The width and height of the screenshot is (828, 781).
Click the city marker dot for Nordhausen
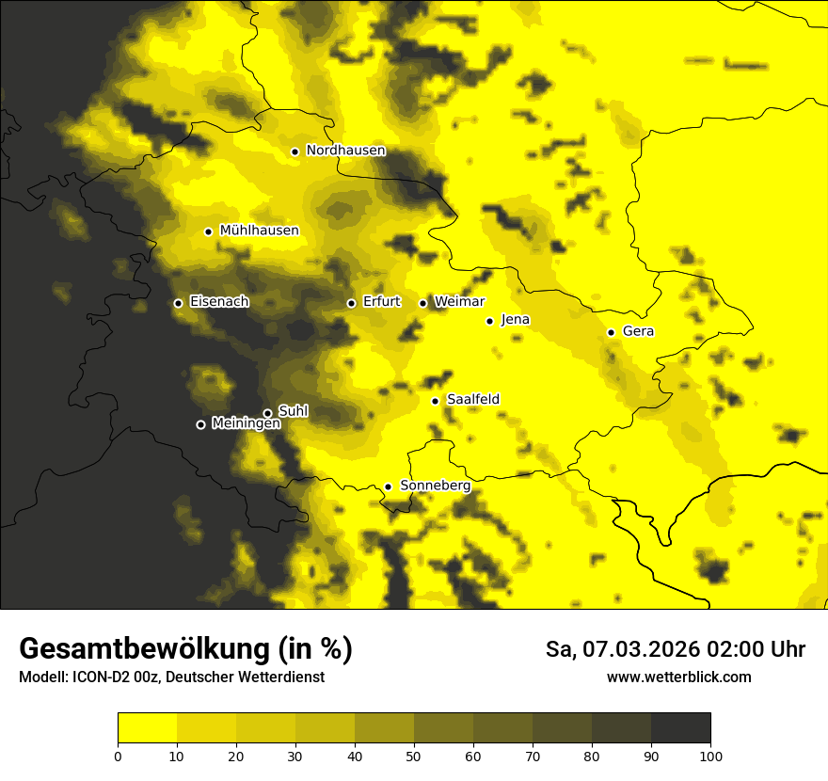click(295, 151)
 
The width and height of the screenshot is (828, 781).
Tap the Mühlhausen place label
click(259, 231)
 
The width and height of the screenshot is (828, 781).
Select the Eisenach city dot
click(178, 303)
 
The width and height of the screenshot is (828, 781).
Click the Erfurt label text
click(381, 302)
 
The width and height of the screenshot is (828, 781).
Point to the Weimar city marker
click(422, 303)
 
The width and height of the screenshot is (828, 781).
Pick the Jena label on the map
click(515, 320)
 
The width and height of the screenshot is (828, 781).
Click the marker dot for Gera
click(611, 332)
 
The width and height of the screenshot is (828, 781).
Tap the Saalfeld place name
click(472, 400)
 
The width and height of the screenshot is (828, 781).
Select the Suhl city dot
click(267, 413)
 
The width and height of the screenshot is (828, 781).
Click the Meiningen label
click(246, 424)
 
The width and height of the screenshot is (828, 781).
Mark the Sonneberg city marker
click(388, 486)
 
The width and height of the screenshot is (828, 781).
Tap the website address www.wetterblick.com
click(678, 677)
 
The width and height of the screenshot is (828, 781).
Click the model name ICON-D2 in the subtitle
click(98, 677)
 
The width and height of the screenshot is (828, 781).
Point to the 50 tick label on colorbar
click(414, 755)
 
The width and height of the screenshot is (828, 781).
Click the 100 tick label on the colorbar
click(709, 755)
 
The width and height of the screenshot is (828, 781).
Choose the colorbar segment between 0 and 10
click(147, 728)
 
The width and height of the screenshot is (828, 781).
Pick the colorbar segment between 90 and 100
click(680, 728)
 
